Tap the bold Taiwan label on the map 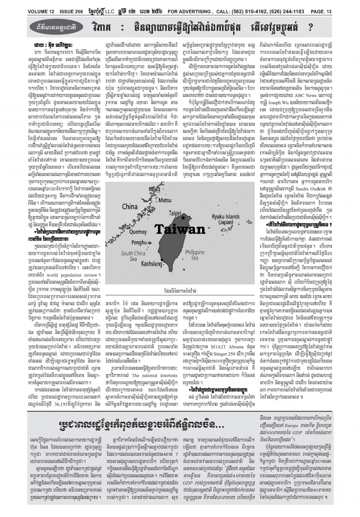pos(175,230)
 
